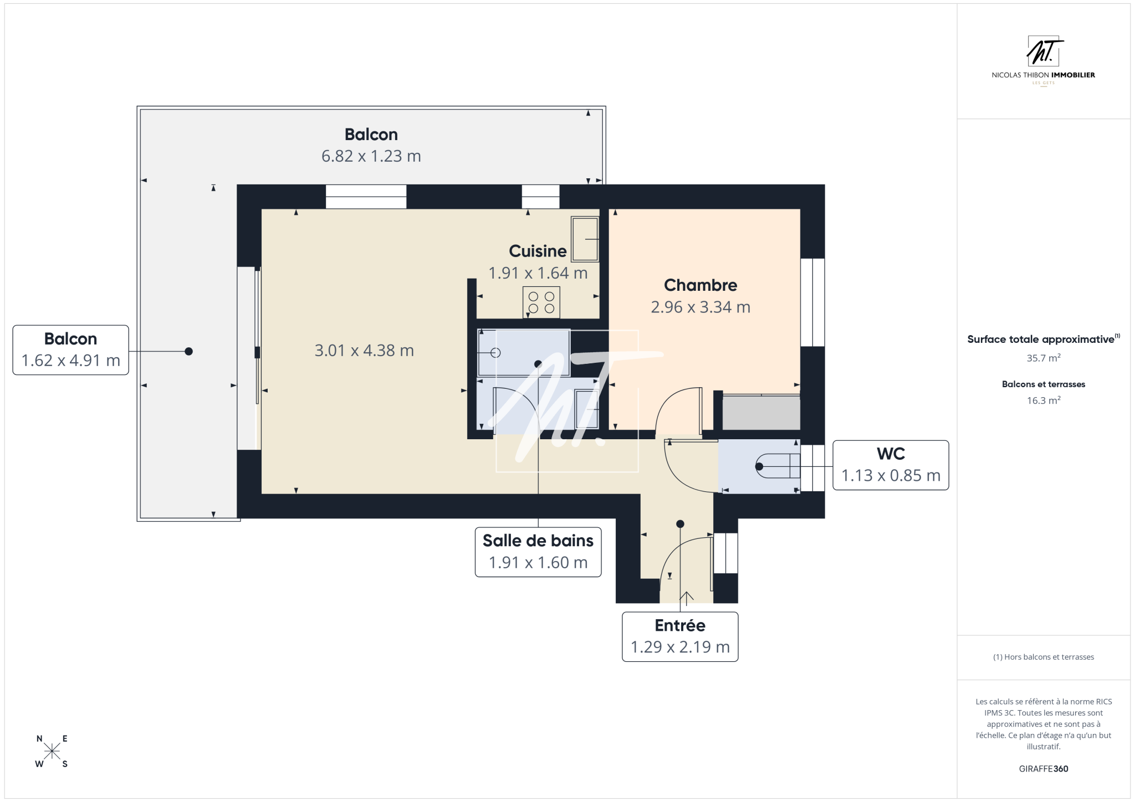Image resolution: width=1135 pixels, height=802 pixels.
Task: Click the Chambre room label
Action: tap(701, 285)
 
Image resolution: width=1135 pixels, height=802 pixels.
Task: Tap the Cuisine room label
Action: tap(538, 251)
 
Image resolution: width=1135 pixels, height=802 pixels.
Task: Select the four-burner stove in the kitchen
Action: tap(541, 302)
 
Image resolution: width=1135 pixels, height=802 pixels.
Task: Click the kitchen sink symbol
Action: tap(585, 239)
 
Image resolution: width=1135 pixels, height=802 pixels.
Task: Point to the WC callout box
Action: tap(891, 465)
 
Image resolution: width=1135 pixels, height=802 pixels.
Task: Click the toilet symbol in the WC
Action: tap(778, 466)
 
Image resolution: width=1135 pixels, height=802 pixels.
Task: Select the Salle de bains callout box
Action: tap(538, 552)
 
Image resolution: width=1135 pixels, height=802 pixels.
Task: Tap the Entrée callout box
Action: tap(680, 637)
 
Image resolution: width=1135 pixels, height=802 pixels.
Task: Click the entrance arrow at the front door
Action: tap(687, 598)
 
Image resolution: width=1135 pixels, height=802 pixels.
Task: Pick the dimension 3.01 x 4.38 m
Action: tap(364, 351)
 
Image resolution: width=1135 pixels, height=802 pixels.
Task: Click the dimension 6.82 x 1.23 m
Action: tap(371, 156)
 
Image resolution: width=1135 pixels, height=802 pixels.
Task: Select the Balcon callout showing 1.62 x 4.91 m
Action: tap(71, 350)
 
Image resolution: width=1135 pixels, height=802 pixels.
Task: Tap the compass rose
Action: tap(52, 751)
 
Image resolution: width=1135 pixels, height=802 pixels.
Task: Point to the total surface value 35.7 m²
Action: tap(1044, 358)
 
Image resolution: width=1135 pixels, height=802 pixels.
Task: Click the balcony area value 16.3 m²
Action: tap(1044, 400)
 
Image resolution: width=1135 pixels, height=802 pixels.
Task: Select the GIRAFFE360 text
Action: tap(1044, 769)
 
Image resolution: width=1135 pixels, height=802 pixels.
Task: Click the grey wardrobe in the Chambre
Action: tap(761, 412)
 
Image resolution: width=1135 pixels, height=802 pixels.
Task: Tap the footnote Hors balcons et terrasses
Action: tap(1044, 657)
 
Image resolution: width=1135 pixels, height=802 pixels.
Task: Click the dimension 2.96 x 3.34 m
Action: tap(701, 307)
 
